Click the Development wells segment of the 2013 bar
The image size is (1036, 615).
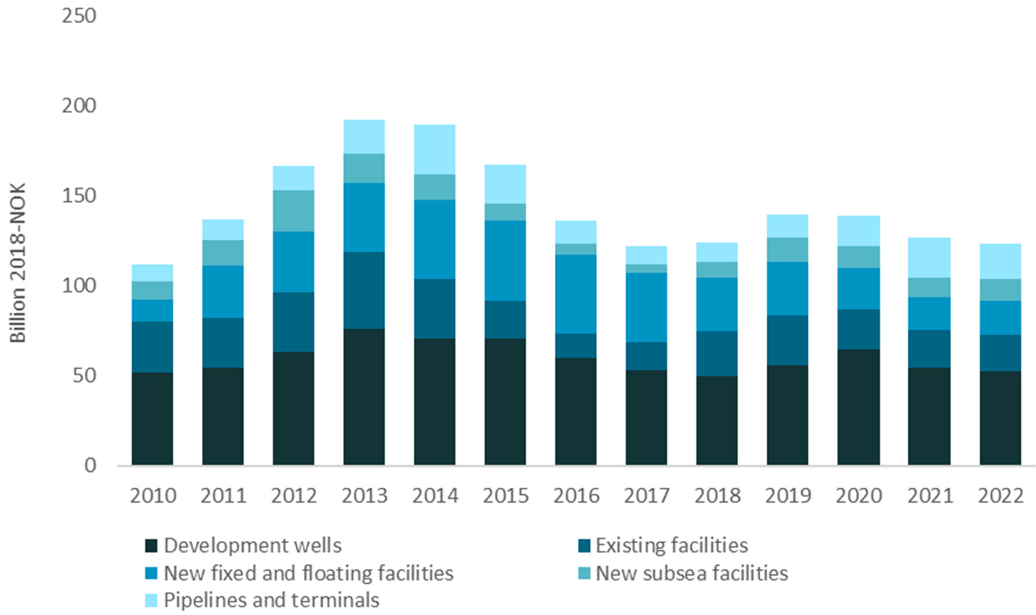pyautogui.click(x=364, y=397)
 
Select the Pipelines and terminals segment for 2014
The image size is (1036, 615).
pyautogui.click(x=434, y=149)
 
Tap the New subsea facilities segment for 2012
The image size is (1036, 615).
pyautogui.click(x=293, y=211)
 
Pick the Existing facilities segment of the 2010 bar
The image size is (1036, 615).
pyautogui.click(x=152, y=347)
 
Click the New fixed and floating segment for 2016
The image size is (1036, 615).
pyautogui.click(x=575, y=294)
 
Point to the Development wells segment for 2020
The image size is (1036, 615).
pyautogui.click(x=858, y=407)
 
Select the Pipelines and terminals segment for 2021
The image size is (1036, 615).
pyautogui.click(x=929, y=258)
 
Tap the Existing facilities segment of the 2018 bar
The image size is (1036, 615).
pyautogui.click(x=717, y=353)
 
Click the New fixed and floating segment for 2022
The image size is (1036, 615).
pyautogui.click(x=1000, y=317)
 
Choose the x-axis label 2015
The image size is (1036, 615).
pyautogui.click(x=506, y=495)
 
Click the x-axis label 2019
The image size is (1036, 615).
pyautogui.click(x=788, y=495)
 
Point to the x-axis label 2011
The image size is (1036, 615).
pyautogui.click(x=223, y=495)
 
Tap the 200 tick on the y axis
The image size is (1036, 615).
pyautogui.click(x=79, y=106)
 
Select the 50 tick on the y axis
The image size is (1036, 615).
pyautogui.click(x=84, y=376)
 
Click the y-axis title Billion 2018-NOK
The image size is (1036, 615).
pyautogui.click(x=18, y=262)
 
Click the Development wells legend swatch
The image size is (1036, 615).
pyautogui.click(x=151, y=545)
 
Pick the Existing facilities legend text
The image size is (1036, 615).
pyautogui.click(x=671, y=545)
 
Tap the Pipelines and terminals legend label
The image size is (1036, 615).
pyautogui.click(x=271, y=600)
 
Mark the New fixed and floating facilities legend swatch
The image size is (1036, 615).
pyautogui.click(x=151, y=573)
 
